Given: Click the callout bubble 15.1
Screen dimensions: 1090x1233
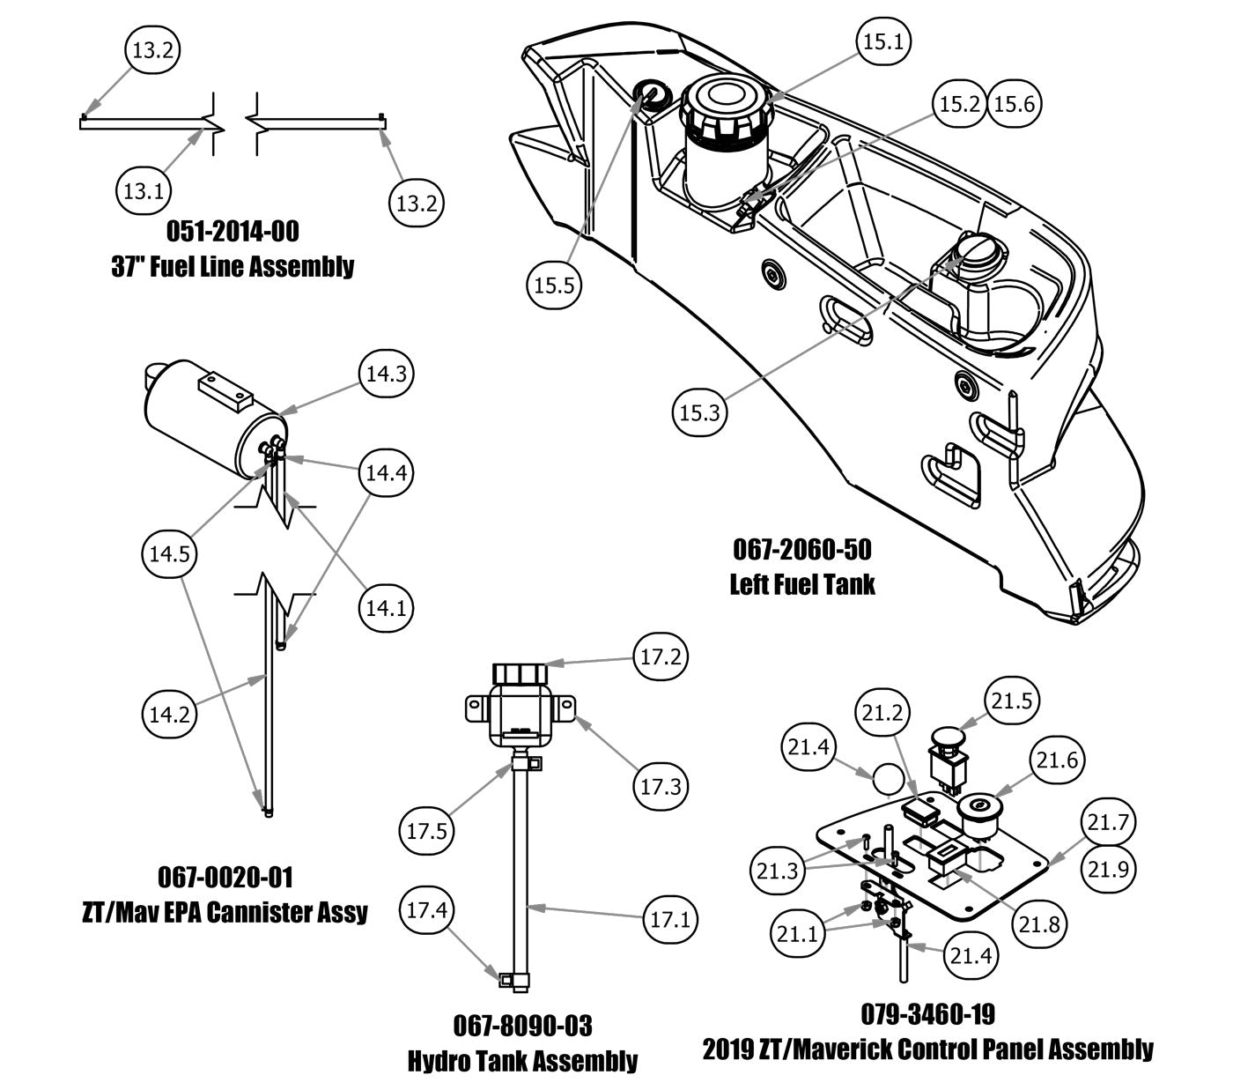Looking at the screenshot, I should coord(885,41).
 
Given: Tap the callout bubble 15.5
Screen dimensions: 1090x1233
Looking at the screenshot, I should coord(555,285).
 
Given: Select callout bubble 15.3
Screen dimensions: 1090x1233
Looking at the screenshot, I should coord(700,412).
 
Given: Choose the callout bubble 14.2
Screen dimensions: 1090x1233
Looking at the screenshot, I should coord(169,714).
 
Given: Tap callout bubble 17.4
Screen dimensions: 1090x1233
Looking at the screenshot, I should coord(427,910).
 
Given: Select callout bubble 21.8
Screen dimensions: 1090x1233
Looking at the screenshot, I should coord(1040,924).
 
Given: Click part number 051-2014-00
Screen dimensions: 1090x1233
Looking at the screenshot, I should coord(233,232).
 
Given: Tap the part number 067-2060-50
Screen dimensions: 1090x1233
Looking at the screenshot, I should coord(802,550).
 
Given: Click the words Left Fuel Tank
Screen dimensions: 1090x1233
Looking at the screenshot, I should coord(802,583).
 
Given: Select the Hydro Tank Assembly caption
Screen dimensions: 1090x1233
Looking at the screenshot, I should coord(522,1060).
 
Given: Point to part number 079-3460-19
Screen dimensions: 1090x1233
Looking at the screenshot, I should coord(927,1014).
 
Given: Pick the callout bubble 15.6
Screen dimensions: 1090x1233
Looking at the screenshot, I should coord(1015,104).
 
